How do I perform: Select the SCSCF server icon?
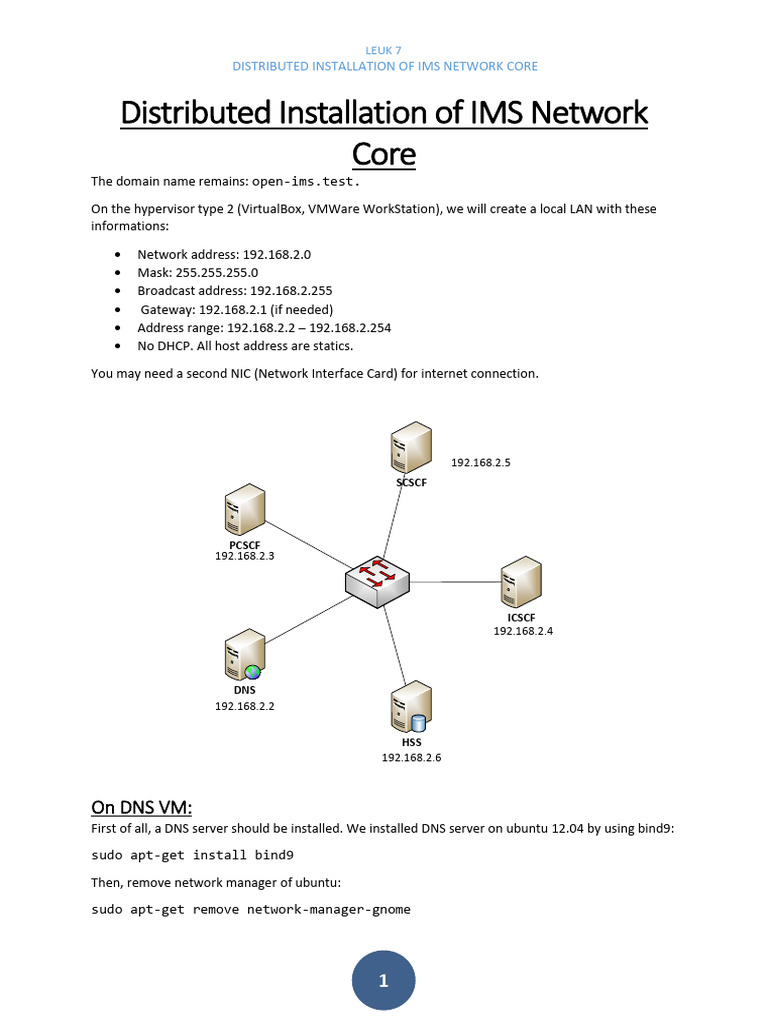click(411, 447)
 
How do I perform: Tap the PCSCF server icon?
click(245, 509)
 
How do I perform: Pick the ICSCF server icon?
click(521, 582)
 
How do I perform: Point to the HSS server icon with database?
click(411, 708)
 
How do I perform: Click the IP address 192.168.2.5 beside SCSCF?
click(481, 463)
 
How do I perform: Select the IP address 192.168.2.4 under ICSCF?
click(523, 631)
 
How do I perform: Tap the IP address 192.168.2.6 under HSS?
click(411, 758)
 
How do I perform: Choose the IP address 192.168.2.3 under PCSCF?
click(244, 556)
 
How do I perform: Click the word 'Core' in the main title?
click(384, 154)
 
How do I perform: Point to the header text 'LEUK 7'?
click(384, 49)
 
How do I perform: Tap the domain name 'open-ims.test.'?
click(306, 182)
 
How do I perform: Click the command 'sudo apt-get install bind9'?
click(192, 856)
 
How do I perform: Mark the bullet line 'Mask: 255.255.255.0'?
click(197, 272)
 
